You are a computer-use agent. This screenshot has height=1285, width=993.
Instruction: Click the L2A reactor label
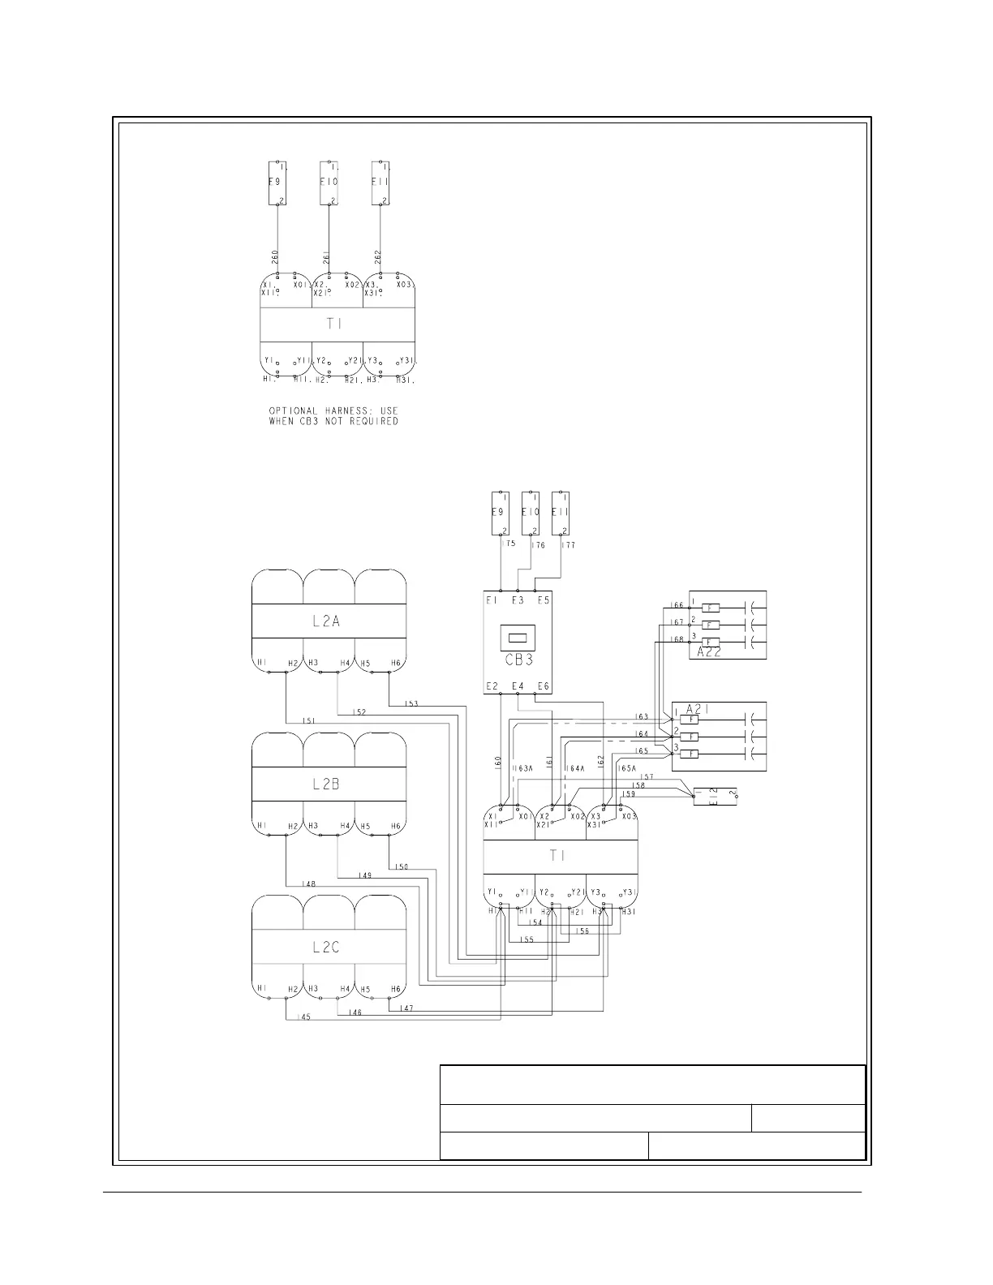pos(326,622)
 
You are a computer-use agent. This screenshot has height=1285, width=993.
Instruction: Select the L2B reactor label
pos(326,784)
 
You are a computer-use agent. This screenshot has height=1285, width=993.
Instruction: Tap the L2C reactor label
pos(326,947)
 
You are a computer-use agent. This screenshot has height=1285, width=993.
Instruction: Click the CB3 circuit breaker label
pos(518,659)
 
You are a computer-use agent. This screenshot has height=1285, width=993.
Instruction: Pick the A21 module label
pos(699,707)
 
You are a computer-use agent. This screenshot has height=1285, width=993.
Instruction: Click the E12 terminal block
pos(714,796)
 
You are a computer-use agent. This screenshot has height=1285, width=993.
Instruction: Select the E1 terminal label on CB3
pos(492,600)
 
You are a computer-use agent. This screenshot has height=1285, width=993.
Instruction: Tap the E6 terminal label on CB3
pos(543,686)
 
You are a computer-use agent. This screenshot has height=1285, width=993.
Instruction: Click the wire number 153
pos(411,703)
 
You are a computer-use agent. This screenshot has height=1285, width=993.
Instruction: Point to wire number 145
pos(303,1016)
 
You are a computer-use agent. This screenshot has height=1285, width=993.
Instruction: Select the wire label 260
pos(275,257)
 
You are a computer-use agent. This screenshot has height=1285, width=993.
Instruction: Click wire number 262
pos(378,257)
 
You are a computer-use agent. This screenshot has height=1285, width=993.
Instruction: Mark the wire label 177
pos(569,546)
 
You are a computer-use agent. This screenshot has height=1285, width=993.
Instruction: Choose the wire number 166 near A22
pos(677,605)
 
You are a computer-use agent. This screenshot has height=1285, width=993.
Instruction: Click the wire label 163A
pos(523,767)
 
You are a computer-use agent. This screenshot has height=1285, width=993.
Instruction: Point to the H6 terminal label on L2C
pos(396,989)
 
